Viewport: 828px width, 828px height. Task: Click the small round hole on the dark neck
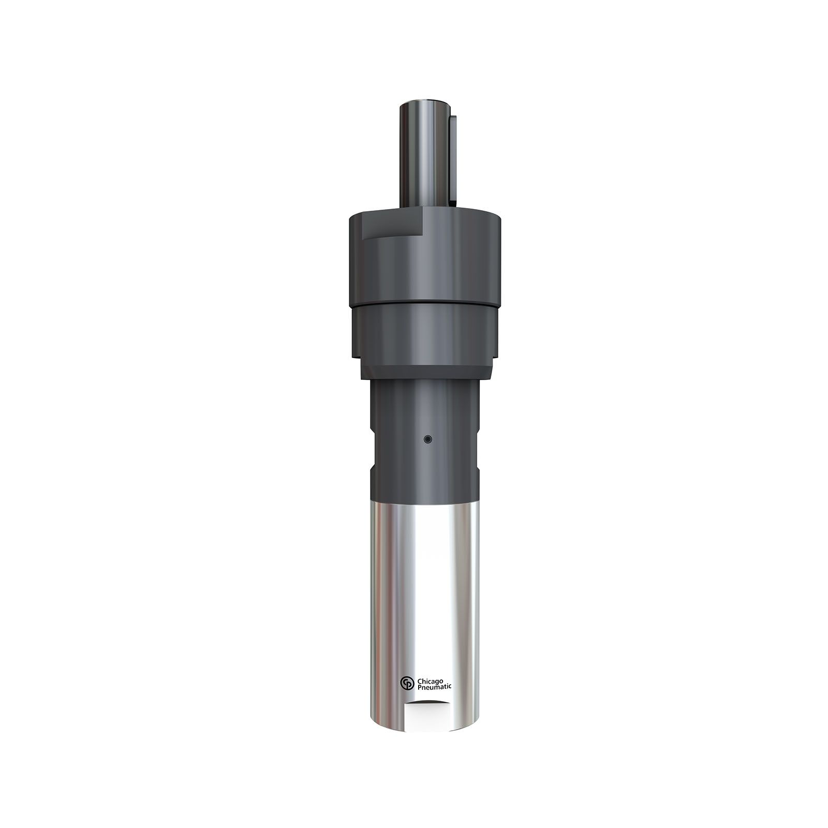click(427, 439)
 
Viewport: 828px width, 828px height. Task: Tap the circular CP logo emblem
click(407, 683)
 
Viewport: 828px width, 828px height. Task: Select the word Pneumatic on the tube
click(434, 686)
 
